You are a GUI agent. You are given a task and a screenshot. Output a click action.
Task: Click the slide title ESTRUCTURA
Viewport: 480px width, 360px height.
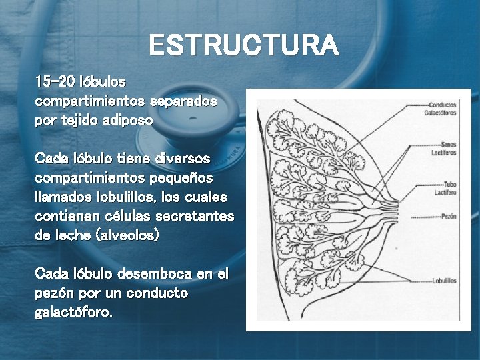pyautogui.click(x=243, y=46)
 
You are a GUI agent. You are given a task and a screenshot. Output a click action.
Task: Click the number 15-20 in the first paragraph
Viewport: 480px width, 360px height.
pyautogui.click(x=55, y=83)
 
